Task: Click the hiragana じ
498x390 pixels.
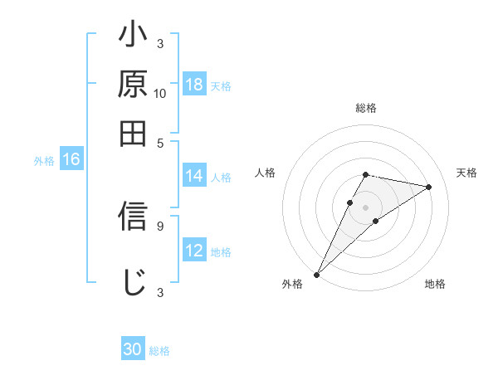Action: (133, 281)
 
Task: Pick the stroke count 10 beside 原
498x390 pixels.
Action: (160, 93)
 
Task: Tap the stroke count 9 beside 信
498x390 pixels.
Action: (160, 224)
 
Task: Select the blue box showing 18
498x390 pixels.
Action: (194, 85)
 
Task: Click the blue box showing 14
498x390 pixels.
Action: (194, 176)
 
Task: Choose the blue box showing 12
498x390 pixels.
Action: (194, 251)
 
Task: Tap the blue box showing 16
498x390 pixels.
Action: (71, 160)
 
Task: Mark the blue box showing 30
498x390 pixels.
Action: (133, 350)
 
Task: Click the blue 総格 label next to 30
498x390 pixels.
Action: (159, 351)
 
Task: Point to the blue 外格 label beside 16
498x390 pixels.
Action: (44, 161)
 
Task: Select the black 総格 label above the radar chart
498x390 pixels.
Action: (365, 108)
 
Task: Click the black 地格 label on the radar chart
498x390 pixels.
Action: (435, 285)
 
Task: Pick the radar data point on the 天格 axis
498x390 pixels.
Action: (428, 187)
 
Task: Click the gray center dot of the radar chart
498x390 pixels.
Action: (365, 207)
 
